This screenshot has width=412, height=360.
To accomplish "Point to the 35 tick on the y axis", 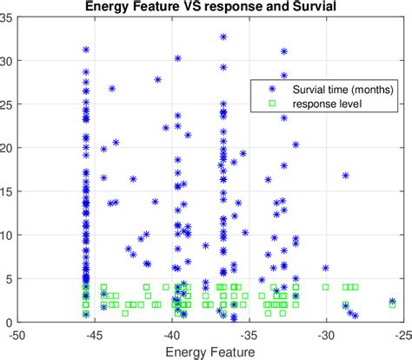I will (x=8, y=17).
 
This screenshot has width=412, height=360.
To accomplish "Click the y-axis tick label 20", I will (x=8, y=148).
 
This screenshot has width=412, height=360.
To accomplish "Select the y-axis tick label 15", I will (x=8, y=191).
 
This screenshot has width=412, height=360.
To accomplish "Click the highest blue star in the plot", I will (x=223, y=37).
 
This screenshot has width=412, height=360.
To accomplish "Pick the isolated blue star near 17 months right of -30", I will (x=345, y=176).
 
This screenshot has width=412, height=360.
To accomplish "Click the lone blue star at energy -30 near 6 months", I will (x=325, y=269).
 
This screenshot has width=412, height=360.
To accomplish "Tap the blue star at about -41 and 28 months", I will (x=158, y=79).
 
